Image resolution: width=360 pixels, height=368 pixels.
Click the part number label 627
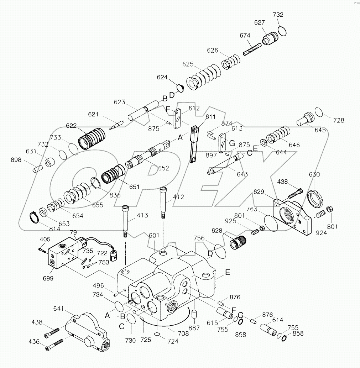coord(259,22)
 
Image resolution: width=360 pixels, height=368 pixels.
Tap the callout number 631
coord(31,151)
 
